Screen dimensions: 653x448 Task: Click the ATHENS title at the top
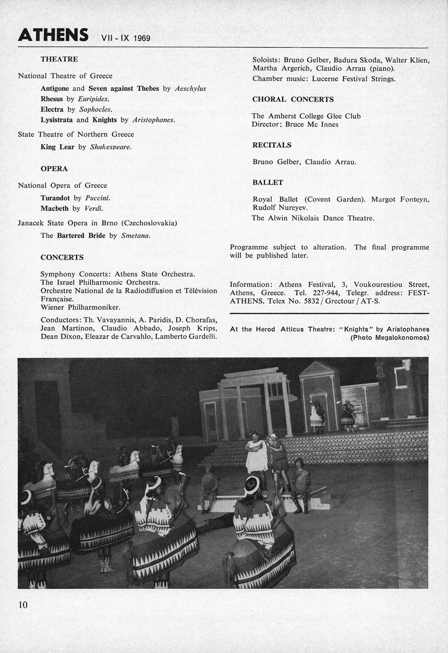pyautogui.click(x=53, y=36)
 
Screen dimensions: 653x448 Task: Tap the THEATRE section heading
pyautogui.click(x=59, y=59)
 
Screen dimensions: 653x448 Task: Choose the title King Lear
pyautogui.click(x=58, y=146)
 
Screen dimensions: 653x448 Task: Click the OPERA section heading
pyautogui.click(x=54, y=169)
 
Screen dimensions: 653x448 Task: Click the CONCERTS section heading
pyautogui.click(x=62, y=257)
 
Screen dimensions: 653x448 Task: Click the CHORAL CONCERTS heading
pyautogui.click(x=293, y=100)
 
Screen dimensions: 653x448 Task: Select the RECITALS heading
pyautogui.click(x=272, y=145)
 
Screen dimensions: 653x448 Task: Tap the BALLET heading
pyautogui.click(x=267, y=182)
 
